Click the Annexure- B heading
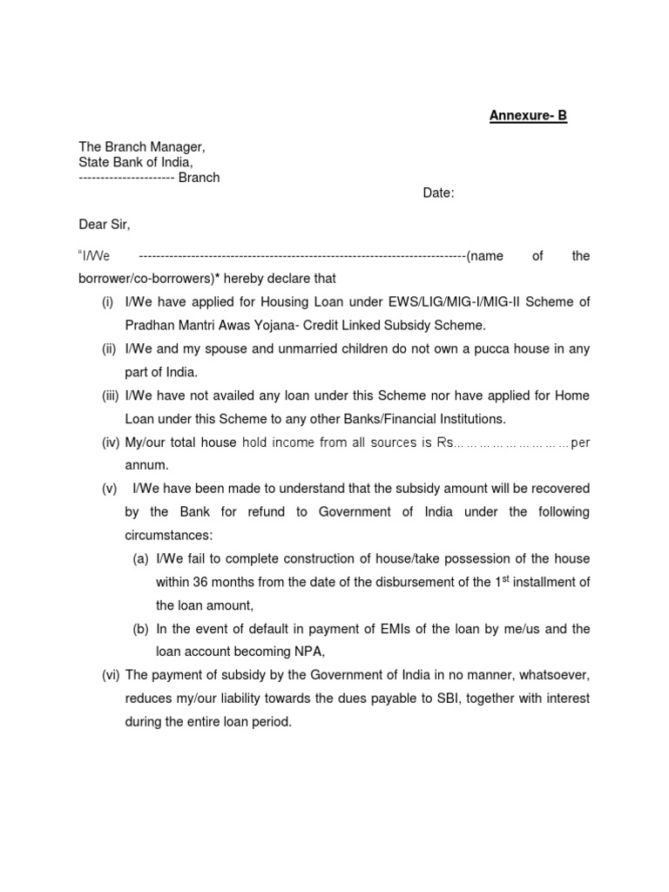pyautogui.click(x=527, y=116)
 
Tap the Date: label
pyautogui.click(x=439, y=193)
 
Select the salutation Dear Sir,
pyautogui.click(x=104, y=225)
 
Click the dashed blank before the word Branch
pyautogui.click(x=126, y=178)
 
